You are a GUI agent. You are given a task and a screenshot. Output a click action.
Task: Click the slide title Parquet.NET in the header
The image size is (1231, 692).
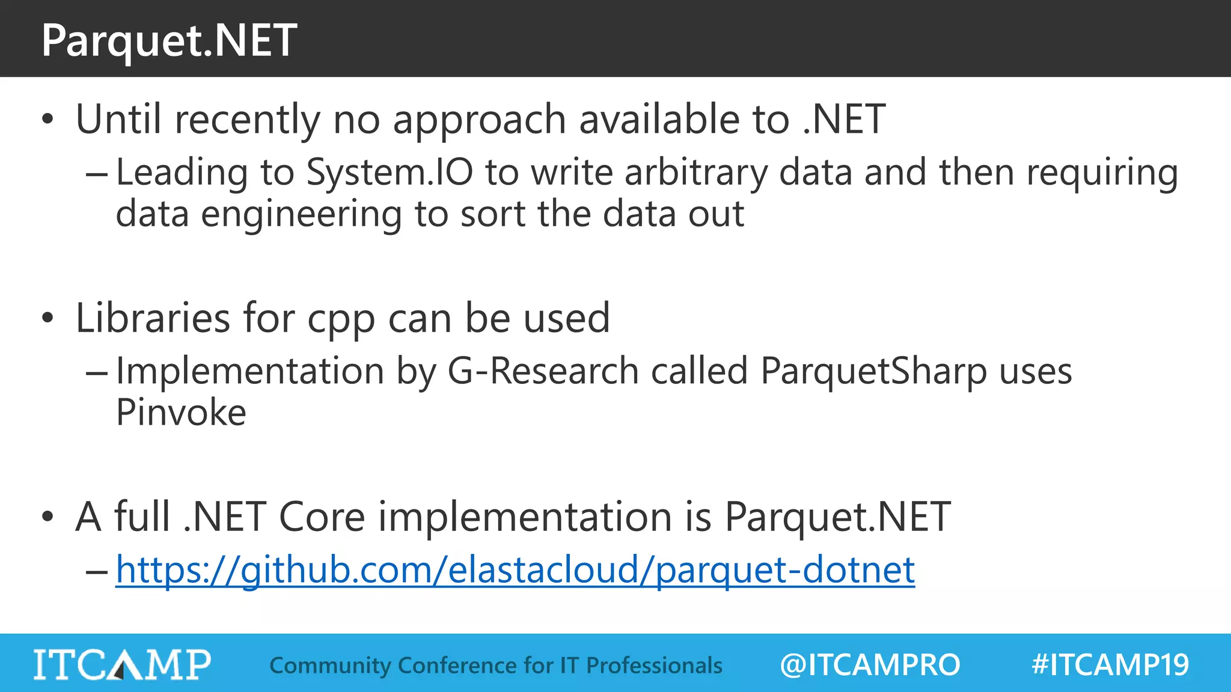coord(169,40)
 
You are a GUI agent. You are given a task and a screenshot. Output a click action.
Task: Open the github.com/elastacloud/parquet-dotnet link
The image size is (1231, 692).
coord(515,569)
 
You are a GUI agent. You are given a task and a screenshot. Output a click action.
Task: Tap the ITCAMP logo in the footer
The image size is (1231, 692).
coord(122,664)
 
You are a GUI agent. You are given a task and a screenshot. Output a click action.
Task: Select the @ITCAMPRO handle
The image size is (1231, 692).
coord(870,665)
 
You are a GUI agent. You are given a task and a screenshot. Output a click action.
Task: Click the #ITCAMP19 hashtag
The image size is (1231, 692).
coord(1110,665)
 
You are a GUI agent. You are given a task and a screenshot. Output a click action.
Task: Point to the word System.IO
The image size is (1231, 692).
coord(389,172)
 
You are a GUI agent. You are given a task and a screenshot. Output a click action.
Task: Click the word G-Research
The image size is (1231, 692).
coord(543,371)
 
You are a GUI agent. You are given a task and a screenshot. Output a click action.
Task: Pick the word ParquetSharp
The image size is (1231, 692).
coord(873,371)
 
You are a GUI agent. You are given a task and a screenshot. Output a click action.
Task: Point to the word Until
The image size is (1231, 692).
coord(118,119)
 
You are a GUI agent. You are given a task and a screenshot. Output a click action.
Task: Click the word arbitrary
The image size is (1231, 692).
coord(696,173)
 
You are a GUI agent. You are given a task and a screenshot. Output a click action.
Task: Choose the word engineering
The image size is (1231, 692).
coord(301,215)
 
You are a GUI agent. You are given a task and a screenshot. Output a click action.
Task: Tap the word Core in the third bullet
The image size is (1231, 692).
coord(322,517)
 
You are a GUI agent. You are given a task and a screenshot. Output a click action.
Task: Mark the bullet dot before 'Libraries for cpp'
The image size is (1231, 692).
coord(48,318)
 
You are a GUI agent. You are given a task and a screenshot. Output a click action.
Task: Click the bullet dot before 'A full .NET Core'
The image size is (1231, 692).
coord(48,517)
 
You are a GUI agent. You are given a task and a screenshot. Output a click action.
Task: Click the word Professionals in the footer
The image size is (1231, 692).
coord(654,666)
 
